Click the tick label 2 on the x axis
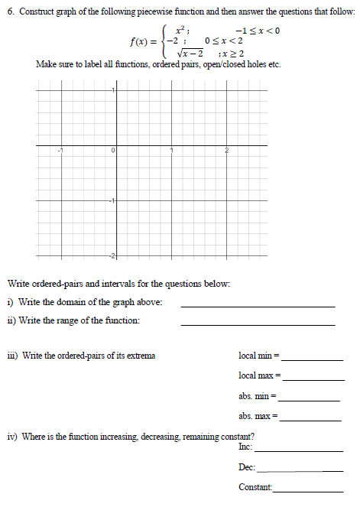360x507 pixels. click(227, 151)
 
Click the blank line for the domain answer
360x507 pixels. click(258, 305)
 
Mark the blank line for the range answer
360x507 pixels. click(258, 324)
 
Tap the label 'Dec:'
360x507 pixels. click(246, 467)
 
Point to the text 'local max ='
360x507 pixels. click(260, 377)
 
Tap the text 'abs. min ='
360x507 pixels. click(258, 398)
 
